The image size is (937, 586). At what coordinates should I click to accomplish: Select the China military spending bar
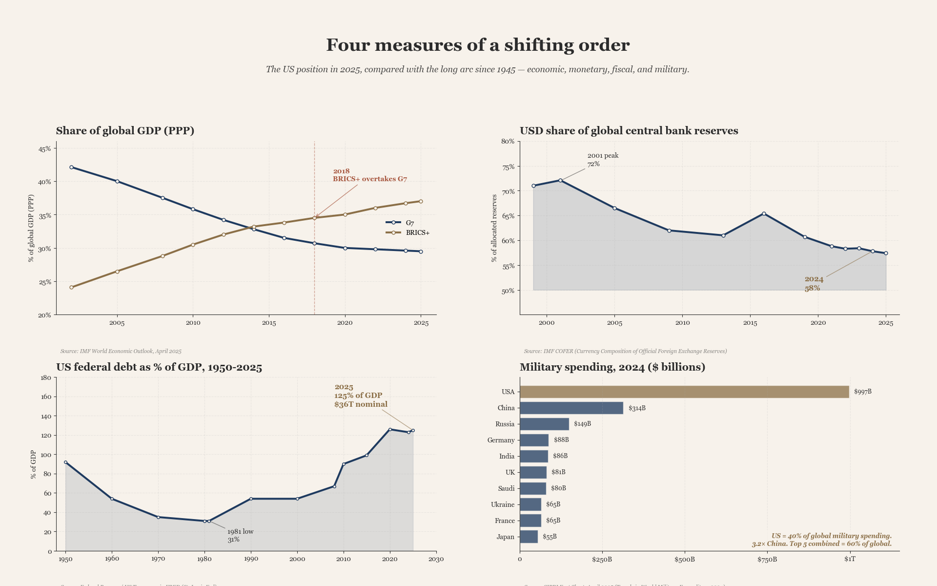coord(571,408)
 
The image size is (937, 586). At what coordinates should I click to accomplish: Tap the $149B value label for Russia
coord(582,424)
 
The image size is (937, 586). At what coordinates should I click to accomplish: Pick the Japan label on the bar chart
coord(506,537)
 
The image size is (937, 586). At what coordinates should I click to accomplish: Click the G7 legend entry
coord(409,223)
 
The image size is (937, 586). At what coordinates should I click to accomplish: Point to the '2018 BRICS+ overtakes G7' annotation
coord(369,175)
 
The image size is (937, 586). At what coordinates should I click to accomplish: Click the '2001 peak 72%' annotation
coord(602,160)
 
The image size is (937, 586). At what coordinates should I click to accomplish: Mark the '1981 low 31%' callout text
coord(240,535)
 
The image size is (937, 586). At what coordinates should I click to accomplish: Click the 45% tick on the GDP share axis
coord(44,149)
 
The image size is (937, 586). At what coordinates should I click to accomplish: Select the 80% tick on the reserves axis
coord(508,142)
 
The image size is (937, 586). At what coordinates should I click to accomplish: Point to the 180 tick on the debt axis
coord(46,377)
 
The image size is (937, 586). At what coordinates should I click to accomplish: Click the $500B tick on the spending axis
coord(684,559)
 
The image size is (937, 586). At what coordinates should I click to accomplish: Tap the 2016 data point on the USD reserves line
coord(764,213)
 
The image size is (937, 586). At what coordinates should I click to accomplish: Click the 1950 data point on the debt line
coord(66,462)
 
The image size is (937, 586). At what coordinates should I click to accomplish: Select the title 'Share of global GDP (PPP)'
coord(125,131)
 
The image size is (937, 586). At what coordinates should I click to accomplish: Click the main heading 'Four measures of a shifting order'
coord(478,45)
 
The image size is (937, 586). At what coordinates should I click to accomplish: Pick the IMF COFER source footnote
coord(625,351)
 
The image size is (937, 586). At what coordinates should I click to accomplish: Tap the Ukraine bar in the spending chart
coord(530,504)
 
